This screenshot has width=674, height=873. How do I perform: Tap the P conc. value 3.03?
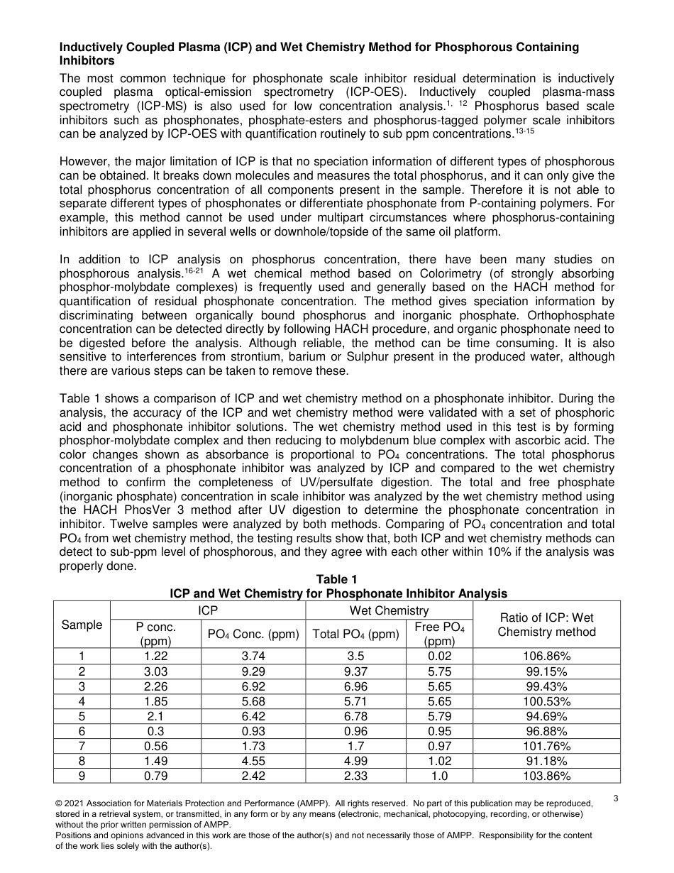click(155, 671)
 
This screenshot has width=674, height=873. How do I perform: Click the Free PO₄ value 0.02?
click(439, 656)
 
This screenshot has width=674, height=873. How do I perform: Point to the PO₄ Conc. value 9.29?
click(253, 671)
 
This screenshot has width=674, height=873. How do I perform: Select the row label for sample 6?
click(82, 731)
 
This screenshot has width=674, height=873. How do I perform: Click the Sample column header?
click(82, 625)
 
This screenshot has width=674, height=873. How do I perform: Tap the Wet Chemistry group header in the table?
click(390, 610)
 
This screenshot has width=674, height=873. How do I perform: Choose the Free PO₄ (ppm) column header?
click(439, 633)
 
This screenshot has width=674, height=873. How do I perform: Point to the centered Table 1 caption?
click(337, 580)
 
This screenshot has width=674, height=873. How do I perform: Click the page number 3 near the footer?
click(616, 798)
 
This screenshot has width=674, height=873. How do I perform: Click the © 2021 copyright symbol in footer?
click(60, 803)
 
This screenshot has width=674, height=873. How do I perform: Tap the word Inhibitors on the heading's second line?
click(87, 61)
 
